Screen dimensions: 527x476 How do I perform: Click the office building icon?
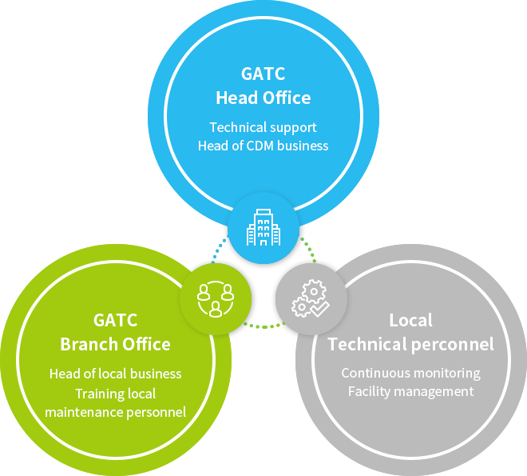[x=263, y=227]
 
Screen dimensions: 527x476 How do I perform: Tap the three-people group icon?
[x=216, y=299]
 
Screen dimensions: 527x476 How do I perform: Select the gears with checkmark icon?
[x=311, y=298]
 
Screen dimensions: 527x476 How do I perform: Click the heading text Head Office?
[x=263, y=98]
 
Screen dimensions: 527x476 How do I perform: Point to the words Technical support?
[x=263, y=127]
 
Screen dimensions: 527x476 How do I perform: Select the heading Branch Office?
[x=115, y=344]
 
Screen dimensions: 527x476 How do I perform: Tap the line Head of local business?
[x=115, y=374]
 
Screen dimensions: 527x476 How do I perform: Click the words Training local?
[x=115, y=394]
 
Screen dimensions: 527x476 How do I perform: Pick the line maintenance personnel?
[x=115, y=412]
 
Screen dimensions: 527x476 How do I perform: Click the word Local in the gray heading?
[x=410, y=320]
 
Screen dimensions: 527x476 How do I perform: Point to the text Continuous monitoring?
[x=410, y=374]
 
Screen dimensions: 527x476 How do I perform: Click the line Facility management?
[x=410, y=392]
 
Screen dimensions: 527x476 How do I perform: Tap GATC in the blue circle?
[x=263, y=74]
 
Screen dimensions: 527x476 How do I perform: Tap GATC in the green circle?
[x=115, y=320]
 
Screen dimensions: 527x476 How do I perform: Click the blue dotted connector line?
[x=219, y=248]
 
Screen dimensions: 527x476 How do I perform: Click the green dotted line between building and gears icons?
[x=309, y=249]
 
